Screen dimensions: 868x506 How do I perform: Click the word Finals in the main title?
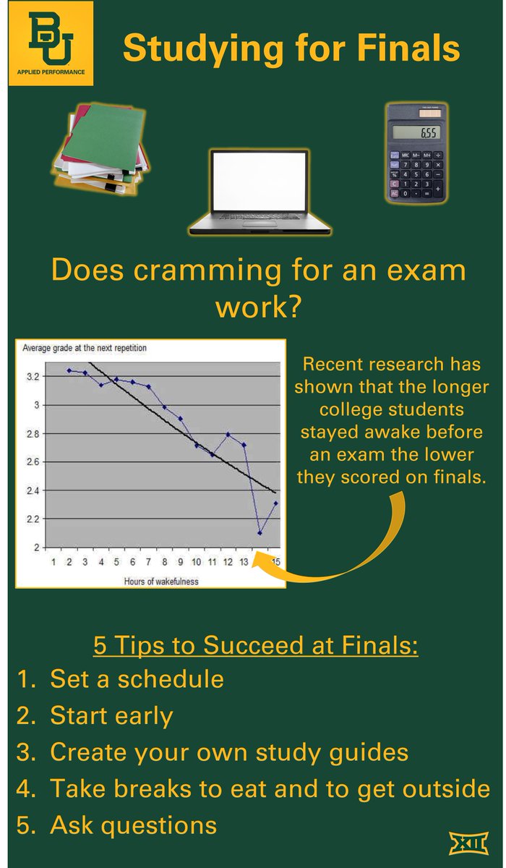coord(408,49)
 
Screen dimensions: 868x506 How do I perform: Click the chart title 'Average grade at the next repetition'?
coord(85,348)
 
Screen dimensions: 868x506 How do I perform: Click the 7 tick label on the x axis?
coord(148,562)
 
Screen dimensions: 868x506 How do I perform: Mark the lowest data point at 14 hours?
coord(260,533)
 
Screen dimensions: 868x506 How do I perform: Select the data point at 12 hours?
coord(228,435)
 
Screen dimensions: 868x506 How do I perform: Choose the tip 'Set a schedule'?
coord(137,679)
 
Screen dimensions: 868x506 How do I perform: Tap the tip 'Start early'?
coord(111,716)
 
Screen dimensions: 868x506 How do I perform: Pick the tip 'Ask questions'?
coord(133,825)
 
